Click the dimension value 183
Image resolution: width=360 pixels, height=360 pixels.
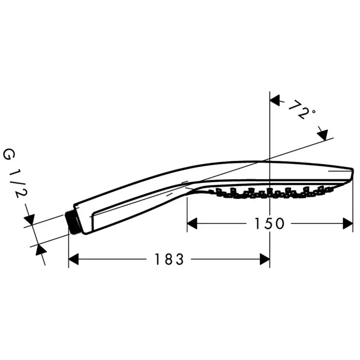[169, 259]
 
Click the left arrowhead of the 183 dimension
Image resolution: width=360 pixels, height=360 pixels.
[74, 259]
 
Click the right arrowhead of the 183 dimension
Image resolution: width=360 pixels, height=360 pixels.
[265, 259]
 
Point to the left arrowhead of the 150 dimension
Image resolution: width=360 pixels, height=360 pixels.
[191, 223]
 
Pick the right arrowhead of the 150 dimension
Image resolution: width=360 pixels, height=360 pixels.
[348, 223]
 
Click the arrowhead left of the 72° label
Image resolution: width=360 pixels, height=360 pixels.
[275, 99]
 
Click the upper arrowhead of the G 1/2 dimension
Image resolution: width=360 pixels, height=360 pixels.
[29, 219]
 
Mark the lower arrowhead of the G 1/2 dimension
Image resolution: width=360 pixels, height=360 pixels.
[40, 251]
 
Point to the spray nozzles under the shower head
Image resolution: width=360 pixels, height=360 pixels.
[267, 193]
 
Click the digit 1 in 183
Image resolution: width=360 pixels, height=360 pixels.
[158, 259]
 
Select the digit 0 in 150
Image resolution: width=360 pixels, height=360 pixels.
[279, 223]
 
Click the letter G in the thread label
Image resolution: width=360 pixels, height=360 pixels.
[9, 155]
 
